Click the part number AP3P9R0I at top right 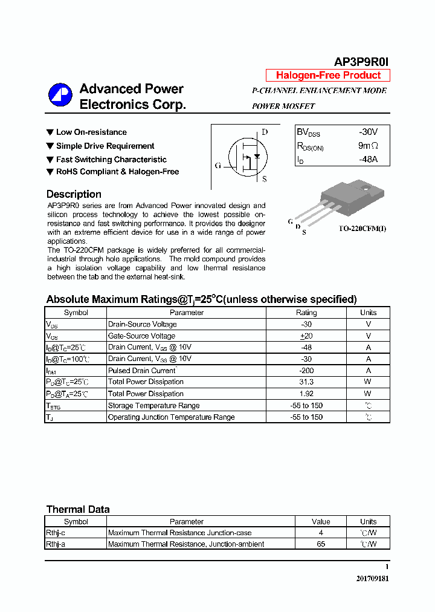tap(362, 62)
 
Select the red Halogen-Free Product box tap(328, 76)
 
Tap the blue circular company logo tap(60, 96)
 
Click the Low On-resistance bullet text tap(91, 132)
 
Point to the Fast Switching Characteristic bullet tap(111, 160)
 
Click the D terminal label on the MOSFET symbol tap(264, 132)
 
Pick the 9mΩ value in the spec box tap(367, 146)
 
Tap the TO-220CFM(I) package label tap(362, 229)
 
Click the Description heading tap(74, 194)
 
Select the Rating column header tap(306, 313)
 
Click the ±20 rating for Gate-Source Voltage tap(306, 336)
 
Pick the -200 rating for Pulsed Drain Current tap(306, 370)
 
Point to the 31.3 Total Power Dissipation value tap(306, 382)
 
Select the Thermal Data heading tap(78, 509)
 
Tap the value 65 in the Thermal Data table tap(321, 544)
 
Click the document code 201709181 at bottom tap(372, 579)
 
